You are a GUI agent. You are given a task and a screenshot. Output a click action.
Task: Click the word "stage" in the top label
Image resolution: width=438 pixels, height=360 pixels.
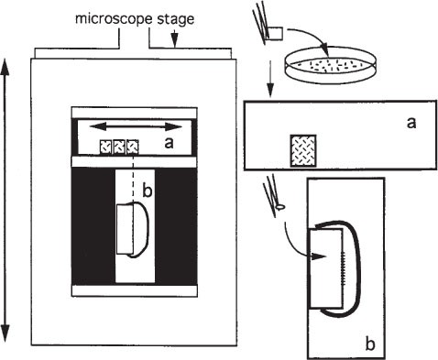click(176, 19)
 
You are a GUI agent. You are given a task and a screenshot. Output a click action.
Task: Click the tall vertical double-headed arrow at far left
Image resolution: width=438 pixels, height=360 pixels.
click(5, 201)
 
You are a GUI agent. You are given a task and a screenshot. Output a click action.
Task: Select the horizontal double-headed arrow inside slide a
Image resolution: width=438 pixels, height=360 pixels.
click(136, 126)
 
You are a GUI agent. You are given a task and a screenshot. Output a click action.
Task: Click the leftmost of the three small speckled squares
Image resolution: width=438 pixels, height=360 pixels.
click(106, 147)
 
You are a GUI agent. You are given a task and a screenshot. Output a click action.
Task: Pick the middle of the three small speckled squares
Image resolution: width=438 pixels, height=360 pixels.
click(119, 147)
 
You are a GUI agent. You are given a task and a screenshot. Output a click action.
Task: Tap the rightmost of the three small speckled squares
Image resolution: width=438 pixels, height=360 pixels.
click(132, 147)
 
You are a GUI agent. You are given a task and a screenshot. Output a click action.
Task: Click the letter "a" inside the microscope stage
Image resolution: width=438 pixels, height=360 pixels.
click(169, 143)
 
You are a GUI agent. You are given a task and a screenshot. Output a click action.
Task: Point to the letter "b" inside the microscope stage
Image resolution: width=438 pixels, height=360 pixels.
click(148, 191)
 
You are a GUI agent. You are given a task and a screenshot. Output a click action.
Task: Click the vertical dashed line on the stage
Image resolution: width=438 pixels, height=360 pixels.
click(133, 177)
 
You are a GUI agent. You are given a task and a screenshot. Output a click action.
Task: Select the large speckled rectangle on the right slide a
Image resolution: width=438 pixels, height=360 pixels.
click(303, 151)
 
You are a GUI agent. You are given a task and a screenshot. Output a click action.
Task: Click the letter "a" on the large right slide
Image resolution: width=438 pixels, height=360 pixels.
click(411, 123)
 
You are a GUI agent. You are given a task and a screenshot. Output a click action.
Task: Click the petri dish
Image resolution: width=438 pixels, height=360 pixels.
click(331, 64)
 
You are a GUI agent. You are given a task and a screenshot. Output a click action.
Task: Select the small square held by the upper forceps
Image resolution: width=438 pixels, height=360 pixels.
click(276, 33)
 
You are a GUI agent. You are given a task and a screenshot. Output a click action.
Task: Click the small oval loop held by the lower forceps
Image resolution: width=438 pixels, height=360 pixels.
click(280, 207)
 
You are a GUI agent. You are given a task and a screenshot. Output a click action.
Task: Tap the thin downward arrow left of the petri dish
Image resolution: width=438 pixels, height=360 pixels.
click(269, 78)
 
